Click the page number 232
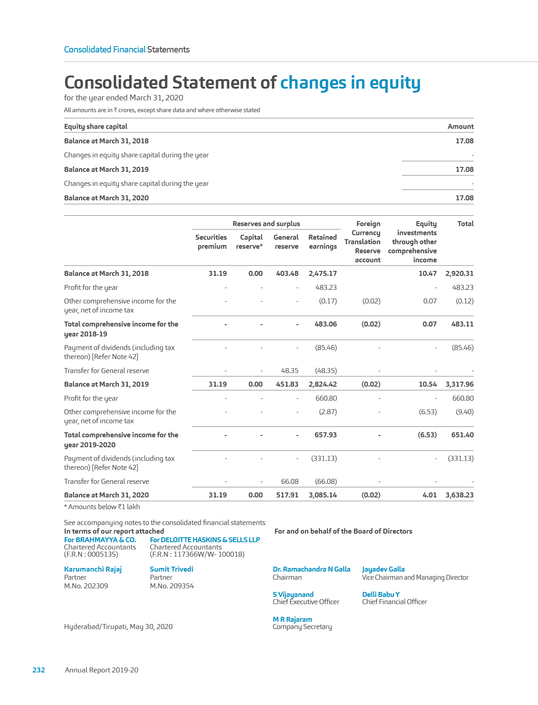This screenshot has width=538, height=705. [x=39, y=670]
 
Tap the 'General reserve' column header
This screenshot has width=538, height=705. [x=286, y=242]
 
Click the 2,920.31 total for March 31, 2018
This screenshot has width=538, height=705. [x=459, y=273]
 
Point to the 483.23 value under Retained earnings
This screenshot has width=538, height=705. [x=326, y=287]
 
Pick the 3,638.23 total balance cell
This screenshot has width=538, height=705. [x=459, y=495]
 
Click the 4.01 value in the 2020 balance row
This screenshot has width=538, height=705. [x=430, y=495]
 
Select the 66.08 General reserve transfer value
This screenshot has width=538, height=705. [x=290, y=481]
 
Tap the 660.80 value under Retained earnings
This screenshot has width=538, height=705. [x=326, y=398]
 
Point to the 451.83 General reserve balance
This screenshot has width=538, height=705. [x=287, y=384]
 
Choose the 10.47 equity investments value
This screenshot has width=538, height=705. [x=427, y=273]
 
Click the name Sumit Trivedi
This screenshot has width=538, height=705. [x=171, y=569]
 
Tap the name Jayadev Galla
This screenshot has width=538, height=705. [x=383, y=569]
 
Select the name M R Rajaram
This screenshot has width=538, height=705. [x=292, y=619]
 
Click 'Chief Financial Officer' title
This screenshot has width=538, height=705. [x=394, y=601]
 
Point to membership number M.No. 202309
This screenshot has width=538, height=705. [x=86, y=586]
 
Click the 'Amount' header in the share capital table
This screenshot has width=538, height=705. [x=460, y=127]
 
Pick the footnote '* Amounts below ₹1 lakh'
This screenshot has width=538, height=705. [x=102, y=507]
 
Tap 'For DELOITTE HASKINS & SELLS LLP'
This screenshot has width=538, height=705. [x=205, y=539]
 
